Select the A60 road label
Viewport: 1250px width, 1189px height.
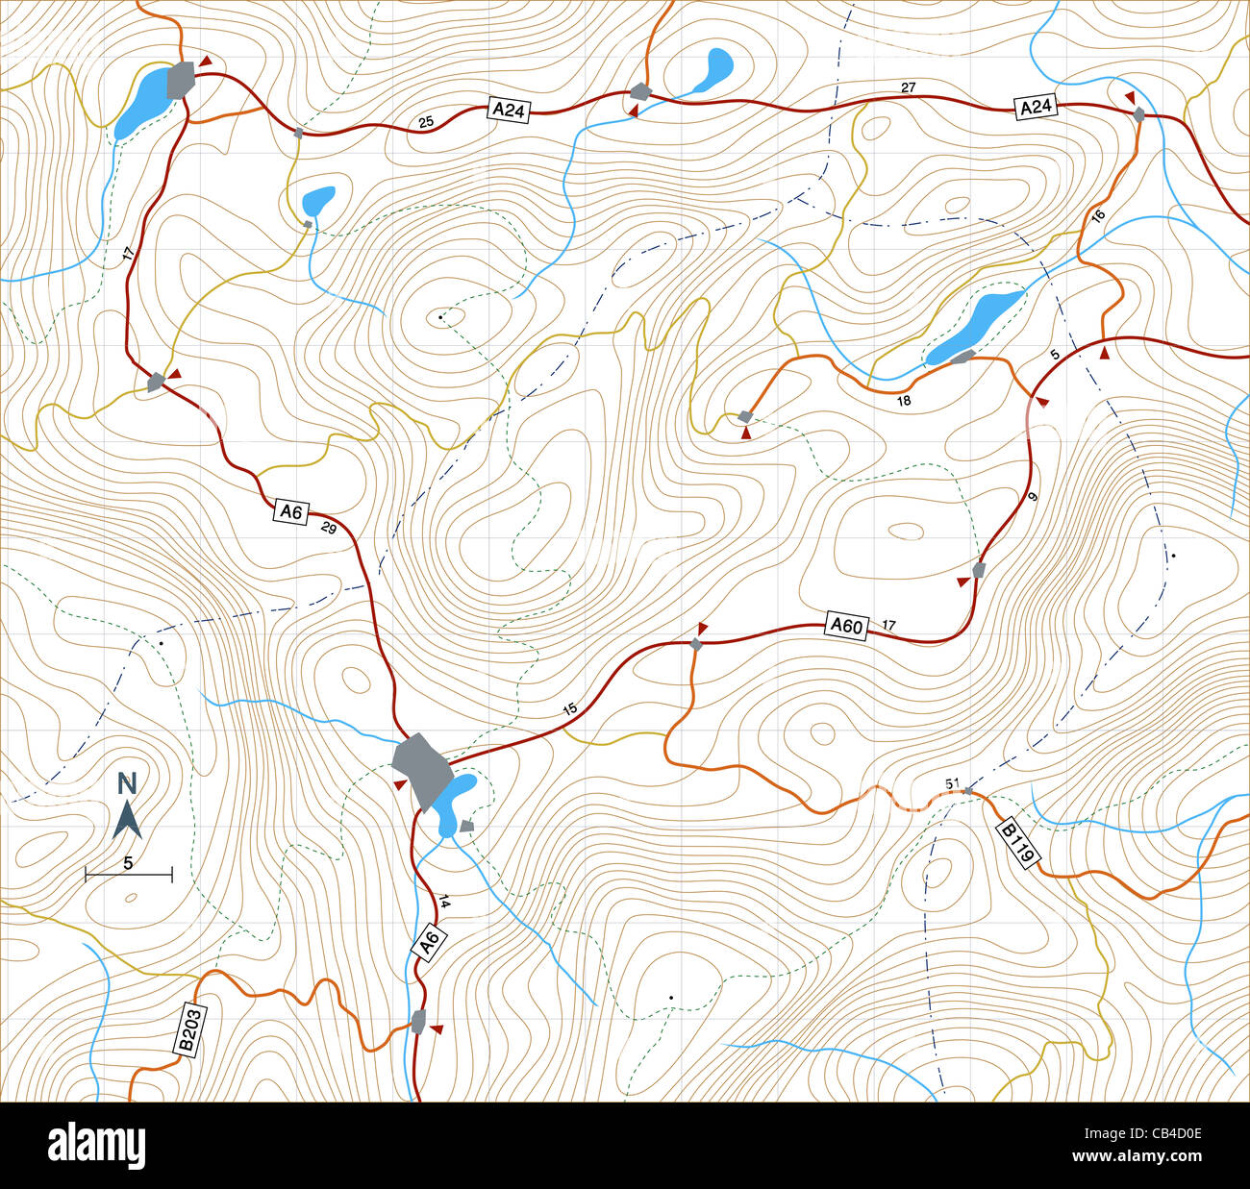pos(846,626)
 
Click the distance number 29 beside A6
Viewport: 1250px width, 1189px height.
pos(328,528)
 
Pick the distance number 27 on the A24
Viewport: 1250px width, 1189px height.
pos(909,88)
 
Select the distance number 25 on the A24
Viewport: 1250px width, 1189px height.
pos(426,122)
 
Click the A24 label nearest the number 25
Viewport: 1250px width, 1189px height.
pos(508,110)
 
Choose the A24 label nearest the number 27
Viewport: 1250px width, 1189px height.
pos(1036,107)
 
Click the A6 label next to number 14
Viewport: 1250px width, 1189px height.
pos(430,941)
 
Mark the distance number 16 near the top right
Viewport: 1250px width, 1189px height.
pos(1099,216)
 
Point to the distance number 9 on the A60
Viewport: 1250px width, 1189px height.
pos(1033,497)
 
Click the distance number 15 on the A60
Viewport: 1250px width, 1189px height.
pos(569,709)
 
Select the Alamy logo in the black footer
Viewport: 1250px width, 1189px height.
pos(96,1146)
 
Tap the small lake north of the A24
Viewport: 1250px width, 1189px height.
pos(713,70)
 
